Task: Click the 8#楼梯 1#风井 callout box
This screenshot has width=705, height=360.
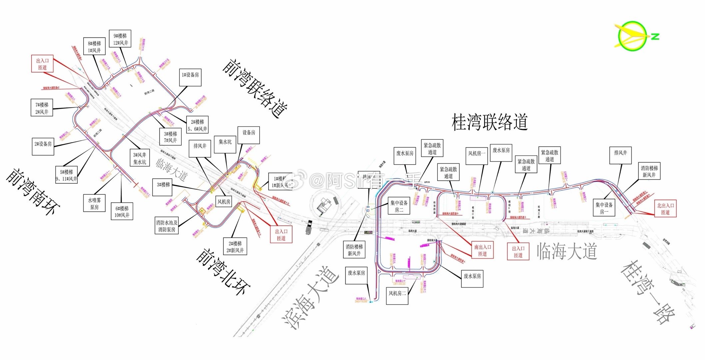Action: pos(94,47)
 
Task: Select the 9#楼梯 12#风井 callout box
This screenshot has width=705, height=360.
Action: pos(120,39)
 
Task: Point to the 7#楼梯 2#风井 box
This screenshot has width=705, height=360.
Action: pos(42,108)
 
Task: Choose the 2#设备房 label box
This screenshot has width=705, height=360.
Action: pos(43,146)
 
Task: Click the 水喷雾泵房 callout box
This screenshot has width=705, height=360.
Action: pos(94,203)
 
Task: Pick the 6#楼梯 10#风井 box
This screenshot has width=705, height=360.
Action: pos(122,211)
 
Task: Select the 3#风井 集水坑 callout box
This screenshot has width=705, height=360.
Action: pos(140,158)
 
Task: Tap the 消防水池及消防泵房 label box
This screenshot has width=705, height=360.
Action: pos(167,226)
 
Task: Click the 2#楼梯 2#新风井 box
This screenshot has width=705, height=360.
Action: pos(235,247)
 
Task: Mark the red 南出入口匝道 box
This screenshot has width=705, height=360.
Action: pos(482,250)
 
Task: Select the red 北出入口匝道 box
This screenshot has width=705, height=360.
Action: pos(665,209)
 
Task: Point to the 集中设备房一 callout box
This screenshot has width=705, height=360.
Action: pos(604,208)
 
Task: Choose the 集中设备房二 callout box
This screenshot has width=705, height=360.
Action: pos(399,206)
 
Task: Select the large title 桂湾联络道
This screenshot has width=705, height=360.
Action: pos(489,122)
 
